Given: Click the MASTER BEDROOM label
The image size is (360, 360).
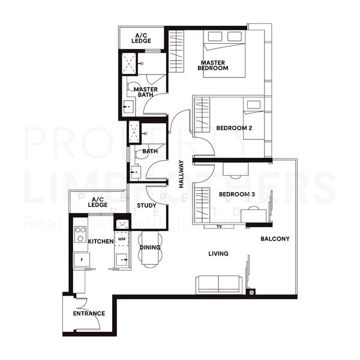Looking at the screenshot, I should [x=214, y=65].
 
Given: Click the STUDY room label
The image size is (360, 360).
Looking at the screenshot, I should [x=146, y=205].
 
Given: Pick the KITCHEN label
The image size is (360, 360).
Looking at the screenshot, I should [x=101, y=241].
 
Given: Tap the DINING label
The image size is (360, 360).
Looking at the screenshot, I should [x=149, y=247].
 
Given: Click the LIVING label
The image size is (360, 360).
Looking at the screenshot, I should [x=218, y=253].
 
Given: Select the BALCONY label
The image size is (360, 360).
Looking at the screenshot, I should [x=275, y=238].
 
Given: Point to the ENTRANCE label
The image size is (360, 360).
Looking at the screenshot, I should [x=89, y=313].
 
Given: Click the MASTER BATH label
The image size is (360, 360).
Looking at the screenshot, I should [x=146, y=92].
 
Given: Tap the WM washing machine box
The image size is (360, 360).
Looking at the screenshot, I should [x=122, y=239].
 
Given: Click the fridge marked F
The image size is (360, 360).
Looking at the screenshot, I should [x=81, y=259].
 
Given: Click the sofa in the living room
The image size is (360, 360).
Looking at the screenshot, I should [x=219, y=284].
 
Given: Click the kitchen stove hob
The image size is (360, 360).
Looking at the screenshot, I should [x=80, y=233].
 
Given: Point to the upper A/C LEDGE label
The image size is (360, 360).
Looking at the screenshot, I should [x=142, y=38].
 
